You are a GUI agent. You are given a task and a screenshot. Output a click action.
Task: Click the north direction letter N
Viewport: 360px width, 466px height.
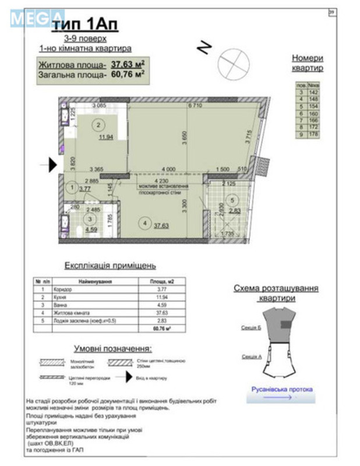coord(203,48)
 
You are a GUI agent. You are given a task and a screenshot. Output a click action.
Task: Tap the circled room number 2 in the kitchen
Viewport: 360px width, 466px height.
coord(98,124)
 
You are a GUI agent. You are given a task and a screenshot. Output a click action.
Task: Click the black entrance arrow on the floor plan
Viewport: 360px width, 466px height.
coord(53,166)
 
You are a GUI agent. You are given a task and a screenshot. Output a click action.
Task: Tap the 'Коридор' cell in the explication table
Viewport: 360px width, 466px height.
coord(63,289)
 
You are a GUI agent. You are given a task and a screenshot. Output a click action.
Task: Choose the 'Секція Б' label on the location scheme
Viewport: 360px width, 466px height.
coord(250,329)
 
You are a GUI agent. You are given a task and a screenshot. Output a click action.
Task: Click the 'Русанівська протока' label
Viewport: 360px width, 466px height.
coord(282,389)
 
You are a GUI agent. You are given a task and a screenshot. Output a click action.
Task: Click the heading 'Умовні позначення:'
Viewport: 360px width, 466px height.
coord(112,349)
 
